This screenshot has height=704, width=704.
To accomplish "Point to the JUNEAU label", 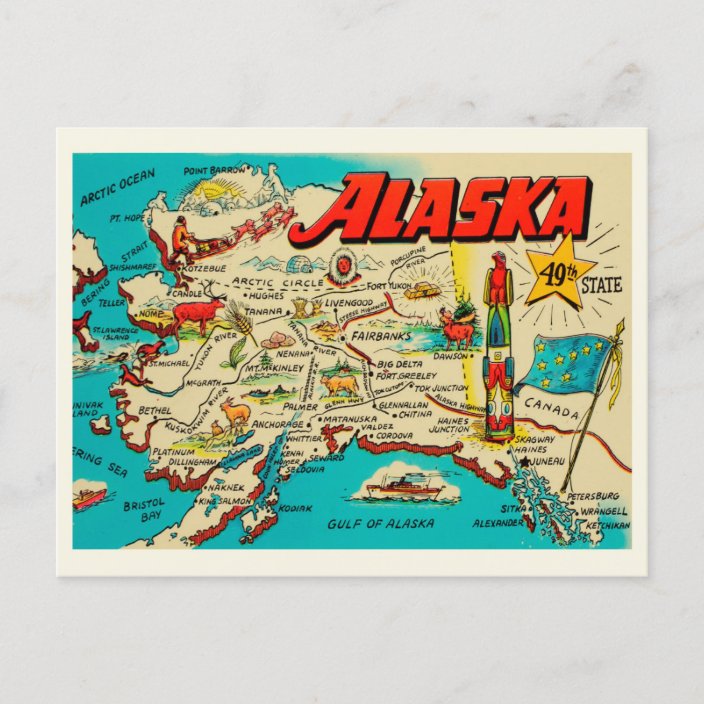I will click(x=549, y=461).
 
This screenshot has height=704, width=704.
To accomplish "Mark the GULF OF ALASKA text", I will click(x=382, y=523).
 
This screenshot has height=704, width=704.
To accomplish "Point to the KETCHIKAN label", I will click(x=608, y=525).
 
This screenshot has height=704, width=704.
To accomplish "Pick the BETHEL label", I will click(x=154, y=410).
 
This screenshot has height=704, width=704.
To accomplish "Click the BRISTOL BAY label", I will click(x=143, y=512).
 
